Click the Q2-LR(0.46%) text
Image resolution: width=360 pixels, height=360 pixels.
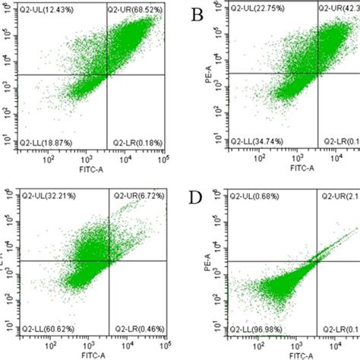click(x=134, y=330)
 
